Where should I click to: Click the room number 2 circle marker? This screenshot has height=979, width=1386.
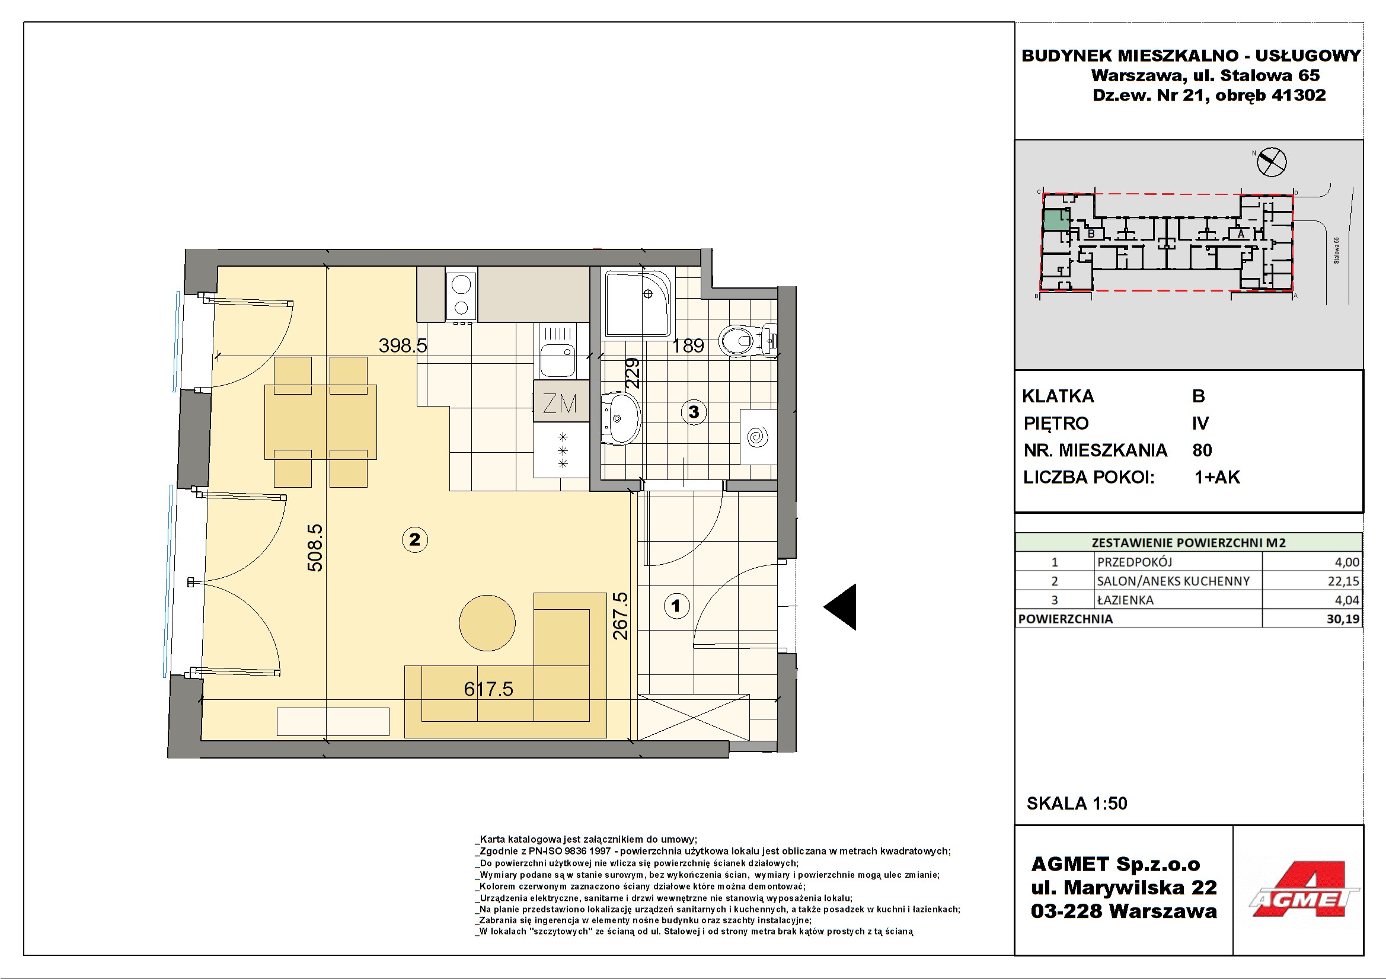[x=415, y=539]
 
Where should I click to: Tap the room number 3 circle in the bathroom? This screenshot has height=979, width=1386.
[x=694, y=412]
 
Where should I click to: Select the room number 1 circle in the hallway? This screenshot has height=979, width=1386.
[x=675, y=606]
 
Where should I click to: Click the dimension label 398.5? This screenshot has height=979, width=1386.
[x=403, y=345]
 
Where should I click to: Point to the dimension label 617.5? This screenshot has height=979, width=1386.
[x=488, y=689]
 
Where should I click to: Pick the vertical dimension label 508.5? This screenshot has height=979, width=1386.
[x=315, y=548]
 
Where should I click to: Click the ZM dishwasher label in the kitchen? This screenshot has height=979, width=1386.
[x=560, y=403]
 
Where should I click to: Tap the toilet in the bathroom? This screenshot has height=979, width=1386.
[x=748, y=341]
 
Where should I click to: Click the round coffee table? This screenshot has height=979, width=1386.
[x=487, y=623]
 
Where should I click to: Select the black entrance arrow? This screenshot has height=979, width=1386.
[x=840, y=607]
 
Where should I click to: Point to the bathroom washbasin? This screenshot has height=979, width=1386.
[x=621, y=418]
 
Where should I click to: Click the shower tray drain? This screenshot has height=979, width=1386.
[x=648, y=294]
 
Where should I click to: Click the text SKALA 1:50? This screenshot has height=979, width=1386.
[x=1077, y=803]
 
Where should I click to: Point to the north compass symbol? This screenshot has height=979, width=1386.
[x=1271, y=161]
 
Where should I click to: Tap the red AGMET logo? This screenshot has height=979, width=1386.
[x=1304, y=890]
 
